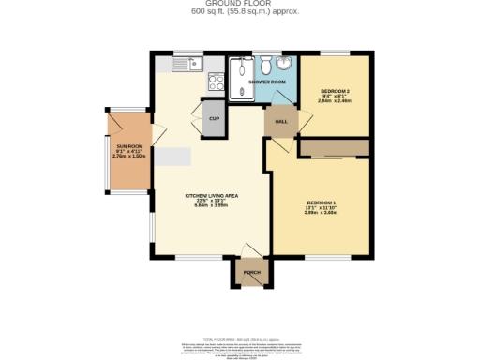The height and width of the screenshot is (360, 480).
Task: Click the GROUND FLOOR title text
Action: [x=239, y=4]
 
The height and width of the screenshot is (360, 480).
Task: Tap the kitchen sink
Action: [x=195, y=64]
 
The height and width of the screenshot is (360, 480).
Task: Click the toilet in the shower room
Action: [x=266, y=65]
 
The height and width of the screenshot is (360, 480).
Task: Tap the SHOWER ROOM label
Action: [x=266, y=82]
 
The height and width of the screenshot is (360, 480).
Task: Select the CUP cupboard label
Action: [x=214, y=119]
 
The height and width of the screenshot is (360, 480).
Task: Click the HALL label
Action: [x=280, y=122]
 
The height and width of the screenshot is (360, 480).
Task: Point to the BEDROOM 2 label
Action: [x=335, y=90]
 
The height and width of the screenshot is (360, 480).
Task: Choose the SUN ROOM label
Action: [x=128, y=146]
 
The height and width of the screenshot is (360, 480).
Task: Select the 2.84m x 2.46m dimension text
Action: [x=335, y=100]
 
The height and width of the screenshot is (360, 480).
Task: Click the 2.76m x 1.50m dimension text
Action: [x=128, y=157]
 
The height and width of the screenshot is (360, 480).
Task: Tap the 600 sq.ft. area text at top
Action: [x=239, y=12]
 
